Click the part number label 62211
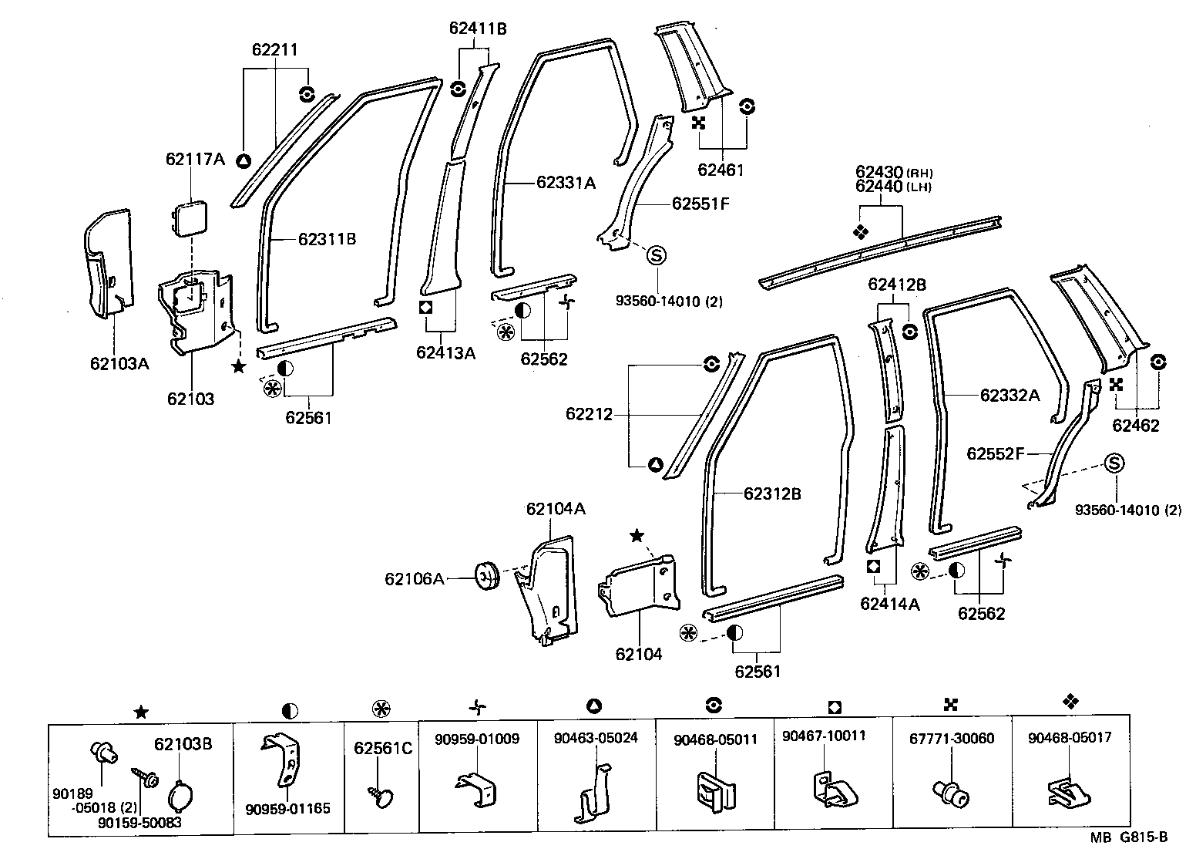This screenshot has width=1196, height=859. coord(274,50)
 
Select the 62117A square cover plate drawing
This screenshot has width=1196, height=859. coord(190,217)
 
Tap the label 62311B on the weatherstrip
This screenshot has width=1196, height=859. coord(327,239)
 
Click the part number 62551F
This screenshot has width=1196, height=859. coord(700,204)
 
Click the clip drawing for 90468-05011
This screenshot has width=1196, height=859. coord(715,790)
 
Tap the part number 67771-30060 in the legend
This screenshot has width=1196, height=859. coord(952,738)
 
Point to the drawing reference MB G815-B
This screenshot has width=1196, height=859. coord(1128,837)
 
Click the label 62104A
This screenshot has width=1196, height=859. coord(556,509)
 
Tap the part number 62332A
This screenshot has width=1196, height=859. coord(1010,396)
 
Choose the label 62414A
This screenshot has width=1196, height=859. coord(890,604)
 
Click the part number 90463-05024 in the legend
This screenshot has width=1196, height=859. coord(596,738)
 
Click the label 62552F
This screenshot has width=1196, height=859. coord(995,454)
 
